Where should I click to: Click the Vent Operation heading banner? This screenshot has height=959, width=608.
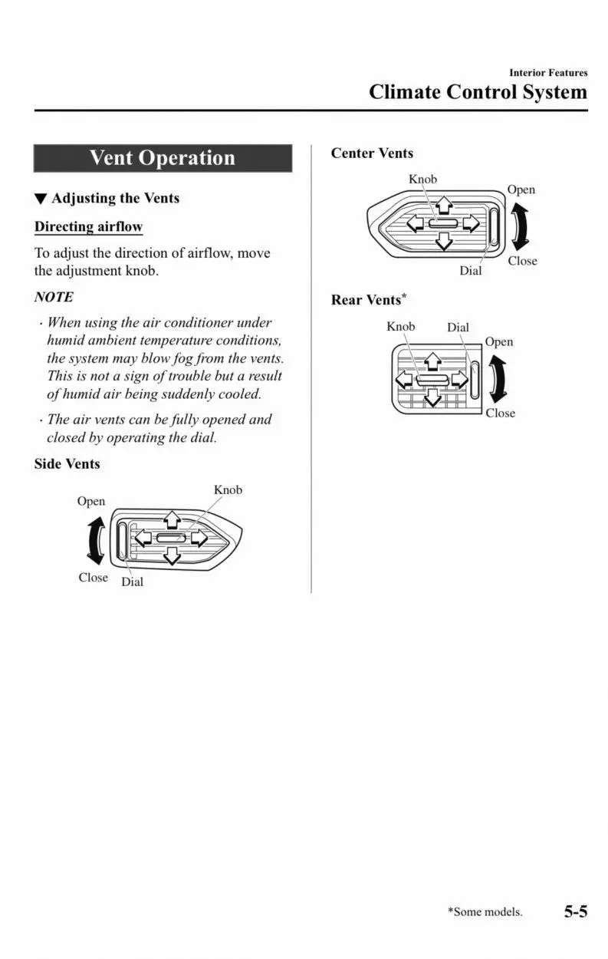(x=163, y=159)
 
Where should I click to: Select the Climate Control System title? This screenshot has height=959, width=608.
(x=478, y=92)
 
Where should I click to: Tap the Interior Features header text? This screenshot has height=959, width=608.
(x=548, y=73)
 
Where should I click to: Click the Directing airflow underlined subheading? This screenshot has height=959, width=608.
(x=88, y=227)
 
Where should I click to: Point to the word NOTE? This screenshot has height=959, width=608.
(x=54, y=297)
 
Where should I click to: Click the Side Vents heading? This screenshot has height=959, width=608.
(x=67, y=464)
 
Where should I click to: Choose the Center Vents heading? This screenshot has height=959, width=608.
(x=372, y=153)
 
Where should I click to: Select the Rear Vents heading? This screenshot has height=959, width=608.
(x=366, y=300)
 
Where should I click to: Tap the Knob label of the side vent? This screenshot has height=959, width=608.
(x=228, y=490)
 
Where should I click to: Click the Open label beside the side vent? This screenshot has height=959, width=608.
(x=90, y=501)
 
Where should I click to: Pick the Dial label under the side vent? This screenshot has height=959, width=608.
(x=132, y=582)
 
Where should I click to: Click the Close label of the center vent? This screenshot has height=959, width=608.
(x=522, y=261)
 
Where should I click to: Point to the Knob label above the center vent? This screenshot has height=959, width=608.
(x=422, y=180)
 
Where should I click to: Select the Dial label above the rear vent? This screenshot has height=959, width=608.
(x=458, y=328)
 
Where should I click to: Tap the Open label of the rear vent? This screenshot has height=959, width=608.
(x=498, y=342)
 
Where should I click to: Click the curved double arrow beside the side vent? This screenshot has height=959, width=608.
(x=96, y=539)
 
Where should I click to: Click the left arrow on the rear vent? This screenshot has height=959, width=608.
(x=405, y=379)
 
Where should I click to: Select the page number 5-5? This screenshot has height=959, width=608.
(x=576, y=911)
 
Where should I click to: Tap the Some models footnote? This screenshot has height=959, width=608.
(x=485, y=912)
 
